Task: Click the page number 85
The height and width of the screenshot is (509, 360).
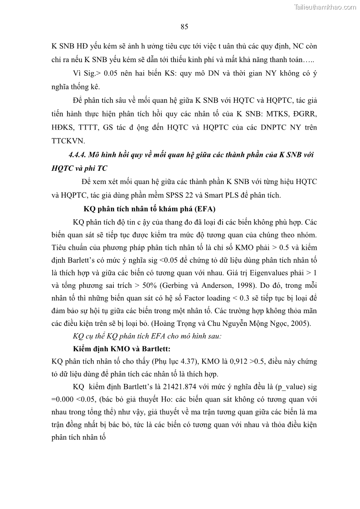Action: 184,26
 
